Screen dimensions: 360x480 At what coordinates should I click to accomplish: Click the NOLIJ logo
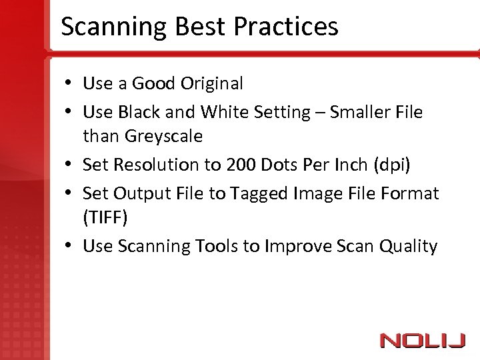coord(423,341)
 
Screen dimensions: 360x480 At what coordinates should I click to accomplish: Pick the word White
coord(223,113)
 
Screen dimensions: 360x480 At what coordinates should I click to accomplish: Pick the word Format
coord(413,194)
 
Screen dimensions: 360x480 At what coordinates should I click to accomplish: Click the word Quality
coord(408,247)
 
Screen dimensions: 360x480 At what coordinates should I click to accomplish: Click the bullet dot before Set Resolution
coord(69,165)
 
